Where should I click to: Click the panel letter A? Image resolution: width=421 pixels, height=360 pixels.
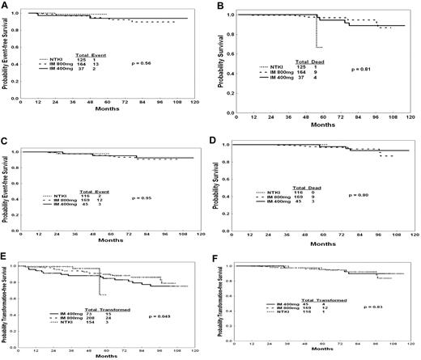point(6,6)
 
